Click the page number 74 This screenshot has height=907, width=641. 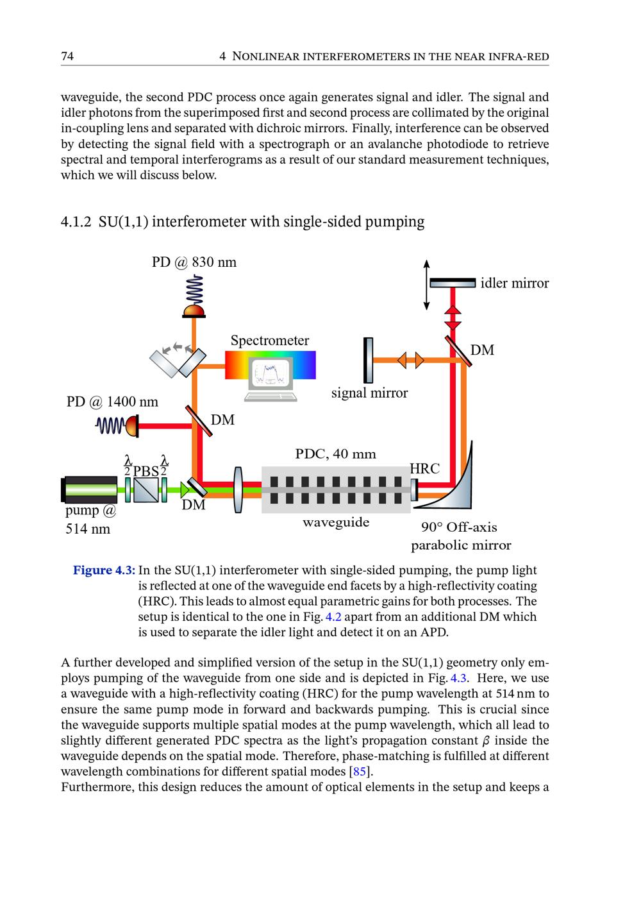67,56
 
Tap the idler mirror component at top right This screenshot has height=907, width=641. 453,283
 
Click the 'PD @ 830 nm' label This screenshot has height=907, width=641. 194,262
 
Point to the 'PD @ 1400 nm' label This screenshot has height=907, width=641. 112,402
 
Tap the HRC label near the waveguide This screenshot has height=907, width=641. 424,469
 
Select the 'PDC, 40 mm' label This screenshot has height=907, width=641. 335,454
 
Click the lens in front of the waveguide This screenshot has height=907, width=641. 239,491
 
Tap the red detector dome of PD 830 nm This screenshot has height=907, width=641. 194,312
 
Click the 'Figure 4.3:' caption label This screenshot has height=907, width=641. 104,570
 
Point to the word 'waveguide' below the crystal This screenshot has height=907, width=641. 336,522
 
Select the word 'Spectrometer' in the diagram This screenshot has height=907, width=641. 270,341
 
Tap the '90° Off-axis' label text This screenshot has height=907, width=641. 459,527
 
